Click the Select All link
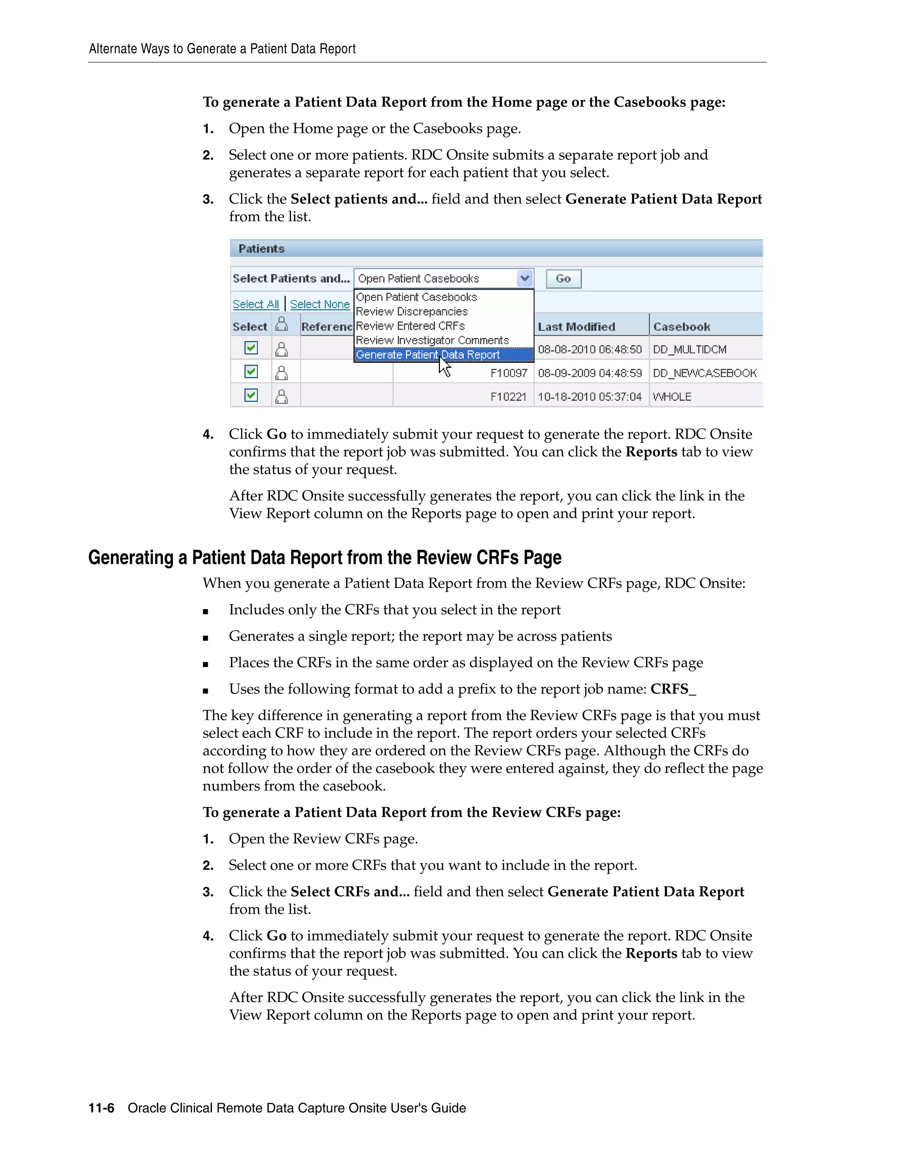click(x=255, y=304)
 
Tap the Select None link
click(x=320, y=304)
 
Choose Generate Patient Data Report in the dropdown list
click(x=428, y=355)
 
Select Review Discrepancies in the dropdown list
click(x=412, y=312)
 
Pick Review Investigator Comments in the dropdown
click(x=432, y=340)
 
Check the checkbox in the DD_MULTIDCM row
click(x=251, y=348)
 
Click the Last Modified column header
click(x=576, y=327)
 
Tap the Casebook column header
click(x=681, y=327)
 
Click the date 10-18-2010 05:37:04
click(x=590, y=397)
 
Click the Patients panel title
click(x=261, y=249)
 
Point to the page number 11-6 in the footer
click(x=101, y=1108)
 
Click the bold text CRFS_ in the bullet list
click(x=672, y=689)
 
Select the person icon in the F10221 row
click(x=281, y=397)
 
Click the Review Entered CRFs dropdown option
click(x=410, y=326)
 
